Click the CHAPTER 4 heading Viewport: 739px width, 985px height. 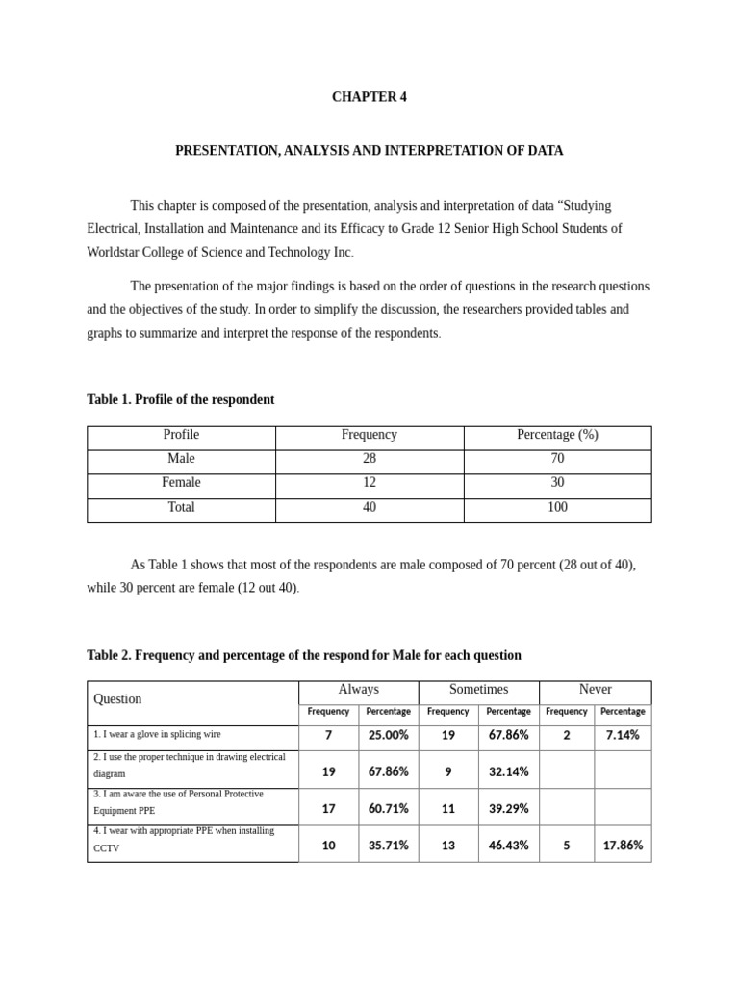[369, 97]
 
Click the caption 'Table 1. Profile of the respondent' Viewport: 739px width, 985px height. [180, 399]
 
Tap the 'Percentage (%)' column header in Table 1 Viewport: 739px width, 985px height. [557, 435]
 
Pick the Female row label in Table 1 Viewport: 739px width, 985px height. [181, 483]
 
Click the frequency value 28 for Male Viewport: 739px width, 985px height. [369, 459]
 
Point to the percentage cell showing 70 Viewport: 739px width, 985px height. [557, 459]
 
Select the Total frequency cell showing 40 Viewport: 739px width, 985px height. [369, 507]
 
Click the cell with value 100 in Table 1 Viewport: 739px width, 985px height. [557, 507]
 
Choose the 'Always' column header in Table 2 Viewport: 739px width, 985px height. [358, 690]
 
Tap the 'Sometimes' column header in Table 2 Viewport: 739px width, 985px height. [478, 690]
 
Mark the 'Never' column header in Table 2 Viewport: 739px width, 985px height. [595, 690]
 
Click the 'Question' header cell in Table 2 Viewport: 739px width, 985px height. [117, 699]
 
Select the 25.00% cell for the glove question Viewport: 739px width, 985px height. [388, 735]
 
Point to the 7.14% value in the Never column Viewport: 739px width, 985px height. [622, 735]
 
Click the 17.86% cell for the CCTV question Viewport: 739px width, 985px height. [622, 846]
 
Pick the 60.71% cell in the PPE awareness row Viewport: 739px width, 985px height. [388, 808]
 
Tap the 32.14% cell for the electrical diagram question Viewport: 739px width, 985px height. [508, 771]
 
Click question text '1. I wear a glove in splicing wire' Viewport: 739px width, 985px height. [157, 734]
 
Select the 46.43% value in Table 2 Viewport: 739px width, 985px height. [508, 846]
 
